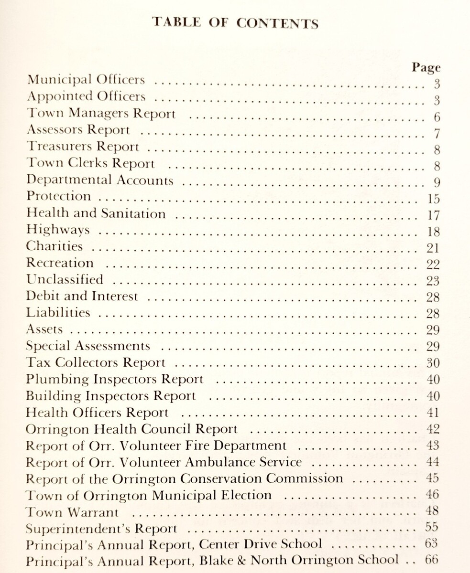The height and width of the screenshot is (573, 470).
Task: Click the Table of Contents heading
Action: tap(235, 23)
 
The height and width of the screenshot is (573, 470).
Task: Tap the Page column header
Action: tap(426, 67)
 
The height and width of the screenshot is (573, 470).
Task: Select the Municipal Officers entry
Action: tap(86, 79)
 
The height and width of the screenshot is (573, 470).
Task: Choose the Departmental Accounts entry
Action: tap(99, 180)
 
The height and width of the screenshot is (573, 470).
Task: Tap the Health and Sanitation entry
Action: tap(96, 213)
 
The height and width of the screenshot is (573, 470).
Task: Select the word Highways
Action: tap(57, 230)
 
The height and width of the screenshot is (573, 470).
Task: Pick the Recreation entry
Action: tap(60, 263)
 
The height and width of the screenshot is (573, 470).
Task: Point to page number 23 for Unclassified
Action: tap(433, 281)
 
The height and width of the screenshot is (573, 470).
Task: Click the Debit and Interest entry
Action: tap(82, 296)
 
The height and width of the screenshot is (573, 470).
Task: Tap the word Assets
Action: tap(44, 329)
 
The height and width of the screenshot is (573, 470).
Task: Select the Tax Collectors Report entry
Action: tap(96, 362)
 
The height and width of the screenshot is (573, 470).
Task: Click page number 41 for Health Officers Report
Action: tap(433, 412)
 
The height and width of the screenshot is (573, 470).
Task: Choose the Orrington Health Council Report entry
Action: tap(131, 428)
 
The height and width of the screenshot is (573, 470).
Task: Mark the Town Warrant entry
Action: tap(72, 512)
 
